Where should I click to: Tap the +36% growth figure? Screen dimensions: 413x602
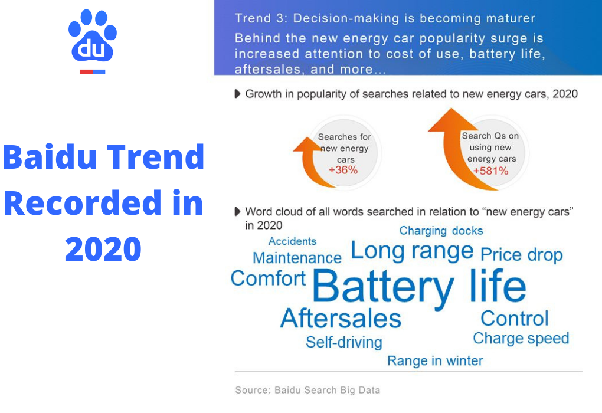point(343,171)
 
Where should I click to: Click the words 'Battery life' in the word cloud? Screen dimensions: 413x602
point(418,286)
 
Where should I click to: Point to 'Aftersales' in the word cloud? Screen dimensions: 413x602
point(341,319)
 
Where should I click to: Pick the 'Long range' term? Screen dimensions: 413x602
point(412,251)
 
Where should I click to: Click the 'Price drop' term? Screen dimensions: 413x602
point(521,255)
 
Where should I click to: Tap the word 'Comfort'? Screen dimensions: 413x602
point(268,278)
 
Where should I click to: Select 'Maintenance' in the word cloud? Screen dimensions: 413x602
point(297,258)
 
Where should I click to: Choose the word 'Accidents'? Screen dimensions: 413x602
point(292,241)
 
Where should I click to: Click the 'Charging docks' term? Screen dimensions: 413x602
point(441,231)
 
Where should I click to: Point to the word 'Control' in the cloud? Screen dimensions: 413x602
point(514,319)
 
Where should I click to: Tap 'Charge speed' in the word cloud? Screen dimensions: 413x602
point(521,339)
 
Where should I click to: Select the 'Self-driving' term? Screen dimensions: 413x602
point(343,342)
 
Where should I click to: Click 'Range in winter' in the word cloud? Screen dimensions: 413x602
point(435,360)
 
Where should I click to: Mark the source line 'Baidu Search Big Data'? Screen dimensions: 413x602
point(307,390)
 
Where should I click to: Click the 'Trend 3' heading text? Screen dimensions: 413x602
point(385,18)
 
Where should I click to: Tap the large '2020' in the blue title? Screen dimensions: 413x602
point(103,248)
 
